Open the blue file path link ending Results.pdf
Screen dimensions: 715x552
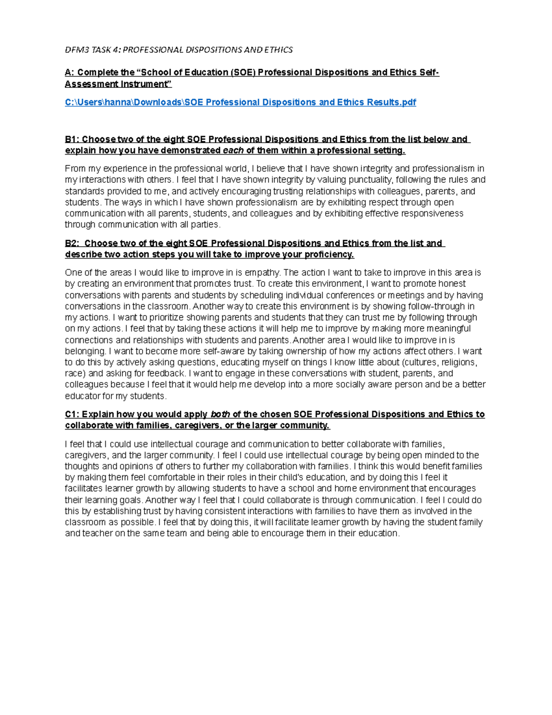pos(240,102)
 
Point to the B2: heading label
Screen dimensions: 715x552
pos(72,244)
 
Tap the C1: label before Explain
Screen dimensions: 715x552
pos(72,414)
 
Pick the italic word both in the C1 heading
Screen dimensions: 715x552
pos(220,414)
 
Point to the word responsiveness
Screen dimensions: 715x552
pos(432,214)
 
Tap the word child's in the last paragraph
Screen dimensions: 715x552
pos(295,477)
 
